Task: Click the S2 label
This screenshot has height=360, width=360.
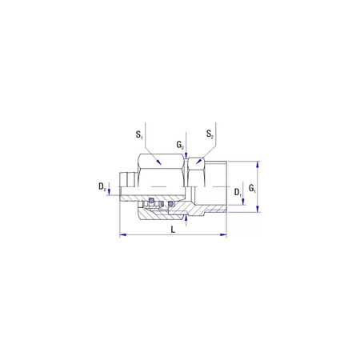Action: tap(210, 134)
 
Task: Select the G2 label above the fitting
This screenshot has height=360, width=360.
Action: tap(180, 146)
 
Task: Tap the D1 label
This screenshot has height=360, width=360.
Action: tap(238, 193)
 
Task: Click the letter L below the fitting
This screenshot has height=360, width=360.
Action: tap(174, 230)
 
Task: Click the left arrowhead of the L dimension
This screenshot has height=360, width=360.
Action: tap(122, 235)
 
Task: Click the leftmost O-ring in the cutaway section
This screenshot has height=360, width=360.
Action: tap(150, 202)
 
